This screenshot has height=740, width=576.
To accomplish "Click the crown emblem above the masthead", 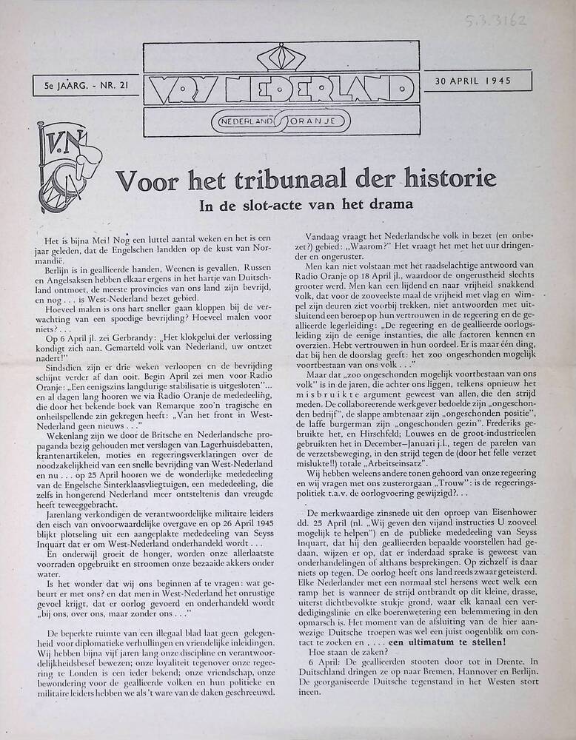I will (280, 58).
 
